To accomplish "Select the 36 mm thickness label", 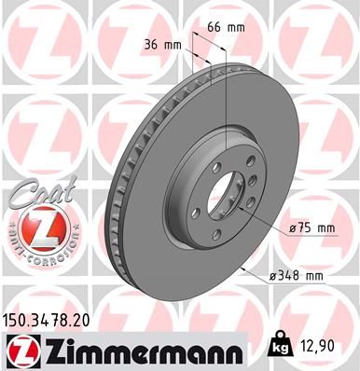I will (164, 43).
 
